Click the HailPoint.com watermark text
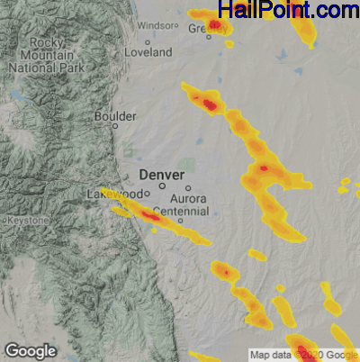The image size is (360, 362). tap(288, 11)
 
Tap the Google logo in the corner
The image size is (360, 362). tap(30, 349)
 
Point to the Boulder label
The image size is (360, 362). tap(116, 116)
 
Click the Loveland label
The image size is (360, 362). tap(148, 53)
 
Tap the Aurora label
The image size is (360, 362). tap(188, 199)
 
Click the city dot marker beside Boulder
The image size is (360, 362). tap(114, 126)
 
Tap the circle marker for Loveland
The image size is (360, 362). tap(148, 42)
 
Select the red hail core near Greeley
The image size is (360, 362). tap(215, 24)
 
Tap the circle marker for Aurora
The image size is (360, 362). tap(188, 188)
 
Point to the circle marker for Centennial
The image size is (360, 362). tap(181, 221)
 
